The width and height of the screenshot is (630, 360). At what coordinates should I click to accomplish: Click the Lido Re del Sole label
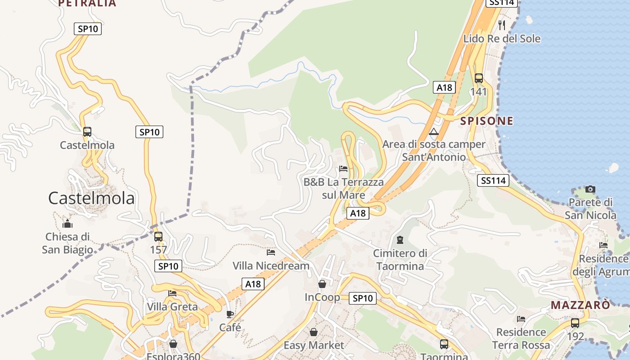502,39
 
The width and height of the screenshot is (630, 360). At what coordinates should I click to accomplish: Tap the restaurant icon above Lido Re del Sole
502,25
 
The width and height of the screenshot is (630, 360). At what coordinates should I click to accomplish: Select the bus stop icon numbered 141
478,78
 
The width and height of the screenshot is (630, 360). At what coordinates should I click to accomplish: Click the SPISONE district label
486,121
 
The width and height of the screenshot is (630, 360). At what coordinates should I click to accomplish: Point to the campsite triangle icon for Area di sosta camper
434,132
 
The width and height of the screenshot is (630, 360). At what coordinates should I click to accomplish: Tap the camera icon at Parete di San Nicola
590,189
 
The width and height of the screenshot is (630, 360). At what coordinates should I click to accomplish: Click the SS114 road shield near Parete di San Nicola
493,180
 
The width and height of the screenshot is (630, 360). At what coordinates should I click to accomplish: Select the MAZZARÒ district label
580,305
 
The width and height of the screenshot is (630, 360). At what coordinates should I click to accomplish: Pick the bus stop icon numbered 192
575,323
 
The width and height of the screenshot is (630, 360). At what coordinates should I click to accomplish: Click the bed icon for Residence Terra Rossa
521,319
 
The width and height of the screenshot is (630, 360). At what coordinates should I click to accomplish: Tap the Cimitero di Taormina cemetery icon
400,240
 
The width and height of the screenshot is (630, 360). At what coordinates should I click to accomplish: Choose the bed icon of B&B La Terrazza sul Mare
343,169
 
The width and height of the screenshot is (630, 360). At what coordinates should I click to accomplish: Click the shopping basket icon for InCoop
322,284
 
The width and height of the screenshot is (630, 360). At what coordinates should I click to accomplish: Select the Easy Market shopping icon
314,332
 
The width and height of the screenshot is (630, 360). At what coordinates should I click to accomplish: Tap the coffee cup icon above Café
230,314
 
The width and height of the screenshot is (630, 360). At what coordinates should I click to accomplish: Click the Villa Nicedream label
271,265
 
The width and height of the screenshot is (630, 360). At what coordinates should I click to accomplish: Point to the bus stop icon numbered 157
158,237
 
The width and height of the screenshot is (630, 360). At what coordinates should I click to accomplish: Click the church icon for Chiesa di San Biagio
67,223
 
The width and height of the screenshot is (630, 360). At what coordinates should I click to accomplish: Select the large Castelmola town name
91,198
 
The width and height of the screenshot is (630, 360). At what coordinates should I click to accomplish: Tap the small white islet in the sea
612,168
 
